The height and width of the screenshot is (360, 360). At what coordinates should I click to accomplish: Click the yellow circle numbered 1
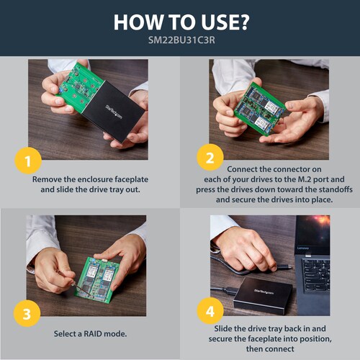(x=28, y=161)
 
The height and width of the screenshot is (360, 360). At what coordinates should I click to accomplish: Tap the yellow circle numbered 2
(x=210, y=158)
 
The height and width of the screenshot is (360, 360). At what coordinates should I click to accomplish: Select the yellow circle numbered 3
(x=27, y=313)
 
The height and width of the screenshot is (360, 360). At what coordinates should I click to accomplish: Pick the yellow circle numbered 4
(x=210, y=311)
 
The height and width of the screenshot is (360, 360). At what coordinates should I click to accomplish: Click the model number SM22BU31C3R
(x=181, y=40)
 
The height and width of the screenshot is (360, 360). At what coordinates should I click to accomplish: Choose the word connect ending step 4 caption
(x=270, y=349)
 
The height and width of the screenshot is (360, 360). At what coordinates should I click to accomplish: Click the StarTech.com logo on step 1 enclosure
(x=114, y=112)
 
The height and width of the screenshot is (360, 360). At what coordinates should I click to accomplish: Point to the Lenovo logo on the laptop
(x=303, y=248)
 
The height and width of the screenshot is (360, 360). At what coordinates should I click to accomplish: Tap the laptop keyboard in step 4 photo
(x=315, y=276)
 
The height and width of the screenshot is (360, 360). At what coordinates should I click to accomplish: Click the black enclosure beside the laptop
(x=263, y=296)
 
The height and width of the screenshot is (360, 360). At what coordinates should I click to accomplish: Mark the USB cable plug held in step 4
(x=283, y=266)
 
